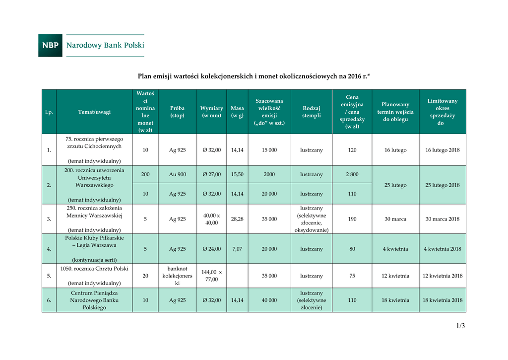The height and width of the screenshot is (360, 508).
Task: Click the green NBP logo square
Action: tap(50, 45)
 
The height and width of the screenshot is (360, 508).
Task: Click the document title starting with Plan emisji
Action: tap(254, 76)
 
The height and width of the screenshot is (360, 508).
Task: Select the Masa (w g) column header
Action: tap(237, 112)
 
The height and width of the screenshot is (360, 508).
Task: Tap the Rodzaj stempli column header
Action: tap(312, 112)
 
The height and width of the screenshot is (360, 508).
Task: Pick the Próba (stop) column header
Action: tap(177, 112)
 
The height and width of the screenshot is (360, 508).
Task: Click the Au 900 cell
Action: tap(177, 174)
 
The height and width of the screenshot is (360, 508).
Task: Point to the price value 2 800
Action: tap(352, 174)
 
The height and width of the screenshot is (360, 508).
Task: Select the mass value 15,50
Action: tap(237, 174)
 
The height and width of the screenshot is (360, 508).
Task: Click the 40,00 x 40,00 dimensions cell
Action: tap(211, 219)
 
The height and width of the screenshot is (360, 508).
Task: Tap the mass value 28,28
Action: tap(237, 219)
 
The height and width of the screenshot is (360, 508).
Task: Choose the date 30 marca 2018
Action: tap(442, 219)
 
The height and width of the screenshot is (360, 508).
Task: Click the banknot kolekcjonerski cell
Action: tap(177, 276)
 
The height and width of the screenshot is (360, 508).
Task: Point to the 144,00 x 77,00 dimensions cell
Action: tap(211, 276)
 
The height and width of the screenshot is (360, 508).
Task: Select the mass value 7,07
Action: tap(237, 249)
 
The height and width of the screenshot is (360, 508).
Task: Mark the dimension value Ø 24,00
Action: tap(211, 249)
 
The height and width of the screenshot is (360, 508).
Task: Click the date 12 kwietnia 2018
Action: tap(442, 276)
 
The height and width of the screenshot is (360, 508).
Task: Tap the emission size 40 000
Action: tap(269, 300)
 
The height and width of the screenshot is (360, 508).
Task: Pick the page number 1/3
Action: tap(460, 326)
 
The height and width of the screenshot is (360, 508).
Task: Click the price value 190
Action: tap(352, 219)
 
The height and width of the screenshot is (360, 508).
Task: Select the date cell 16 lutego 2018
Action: tap(442, 149)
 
